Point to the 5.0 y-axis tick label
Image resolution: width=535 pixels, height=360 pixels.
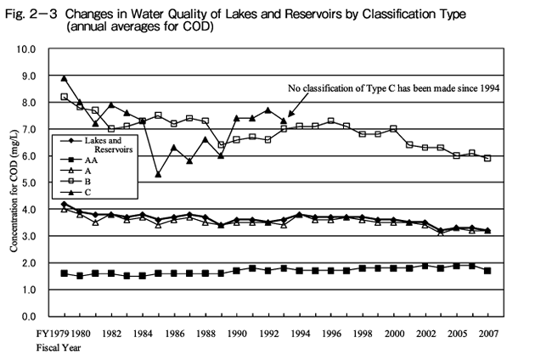pos(27,183)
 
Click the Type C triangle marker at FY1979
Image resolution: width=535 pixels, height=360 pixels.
pos(64,78)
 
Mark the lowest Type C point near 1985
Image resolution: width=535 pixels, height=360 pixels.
pos(158,175)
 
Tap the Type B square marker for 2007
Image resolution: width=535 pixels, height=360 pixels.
pos(487,158)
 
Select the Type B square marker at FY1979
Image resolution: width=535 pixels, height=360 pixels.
pos(64,97)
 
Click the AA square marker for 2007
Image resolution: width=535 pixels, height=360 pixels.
pos(487,271)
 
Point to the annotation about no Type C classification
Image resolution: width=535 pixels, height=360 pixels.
pos(394,87)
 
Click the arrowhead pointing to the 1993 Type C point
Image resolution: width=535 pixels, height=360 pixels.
pos(290,115)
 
